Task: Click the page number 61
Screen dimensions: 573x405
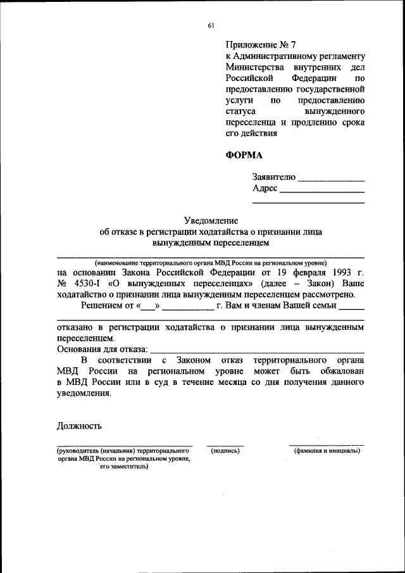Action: (211, 25)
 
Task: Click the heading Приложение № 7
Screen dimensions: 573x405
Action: (260, 46)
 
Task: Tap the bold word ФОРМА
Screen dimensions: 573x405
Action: (244, 154)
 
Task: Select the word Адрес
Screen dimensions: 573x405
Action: (265, 189)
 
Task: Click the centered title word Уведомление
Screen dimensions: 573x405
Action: (211, 220)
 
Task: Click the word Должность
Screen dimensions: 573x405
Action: (79, 426)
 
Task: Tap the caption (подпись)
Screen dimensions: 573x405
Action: (225, 451)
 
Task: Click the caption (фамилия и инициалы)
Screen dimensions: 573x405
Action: (327, 451)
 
